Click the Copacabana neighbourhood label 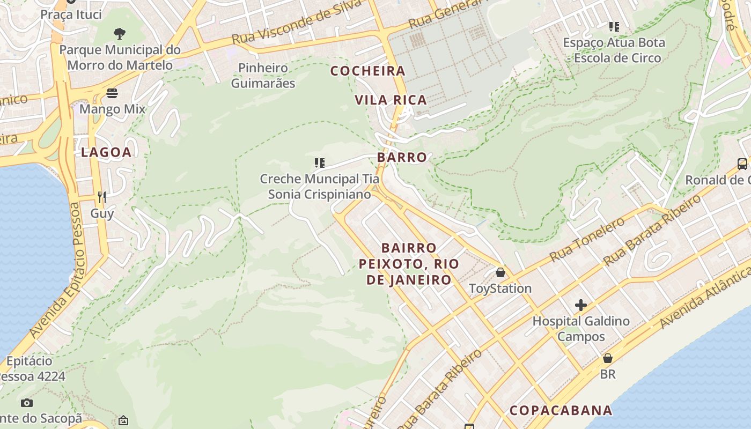coord(561,411)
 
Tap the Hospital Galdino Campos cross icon coord(580,306)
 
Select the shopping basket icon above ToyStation coord(500,272)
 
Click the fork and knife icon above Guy coord(102,197)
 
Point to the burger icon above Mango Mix coord(112,93)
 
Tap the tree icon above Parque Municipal coord(120,34)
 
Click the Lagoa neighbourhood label coord(106,152)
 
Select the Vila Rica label coord(391,100)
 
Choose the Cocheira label coord(367,71)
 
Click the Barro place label coord(402,158)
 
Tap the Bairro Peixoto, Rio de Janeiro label coord(409,264)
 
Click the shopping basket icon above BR coord(608,358)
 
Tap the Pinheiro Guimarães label coord(263,76)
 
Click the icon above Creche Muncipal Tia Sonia coord(320,162)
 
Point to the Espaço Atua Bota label coord(614,50)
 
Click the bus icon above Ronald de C coord(742,164)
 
